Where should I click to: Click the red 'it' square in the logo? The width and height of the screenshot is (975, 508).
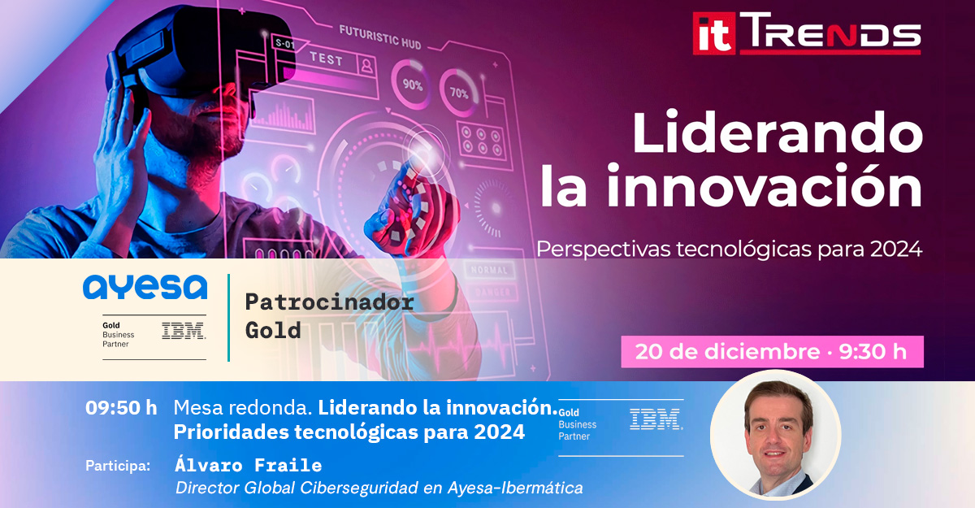714,33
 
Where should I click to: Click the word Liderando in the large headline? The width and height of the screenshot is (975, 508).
778,132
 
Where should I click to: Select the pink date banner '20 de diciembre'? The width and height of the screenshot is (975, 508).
772,352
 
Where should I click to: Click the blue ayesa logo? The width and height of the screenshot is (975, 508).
145,287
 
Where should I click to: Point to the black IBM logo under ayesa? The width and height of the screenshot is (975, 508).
184,331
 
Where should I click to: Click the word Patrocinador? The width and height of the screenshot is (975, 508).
330,302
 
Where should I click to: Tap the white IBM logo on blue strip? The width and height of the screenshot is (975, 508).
656,419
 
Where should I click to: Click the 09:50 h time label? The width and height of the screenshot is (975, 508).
121,408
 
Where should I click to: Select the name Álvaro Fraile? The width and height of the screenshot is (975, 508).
248,465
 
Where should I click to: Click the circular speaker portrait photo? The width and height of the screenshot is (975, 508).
776,435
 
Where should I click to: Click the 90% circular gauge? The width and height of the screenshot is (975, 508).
411,85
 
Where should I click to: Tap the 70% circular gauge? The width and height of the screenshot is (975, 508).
459,93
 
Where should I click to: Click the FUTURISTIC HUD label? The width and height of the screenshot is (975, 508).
380,37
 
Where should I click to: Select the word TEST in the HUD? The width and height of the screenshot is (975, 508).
327,59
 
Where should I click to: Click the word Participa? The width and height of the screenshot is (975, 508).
118,466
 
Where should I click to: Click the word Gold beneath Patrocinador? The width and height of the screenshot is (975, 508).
273,330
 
